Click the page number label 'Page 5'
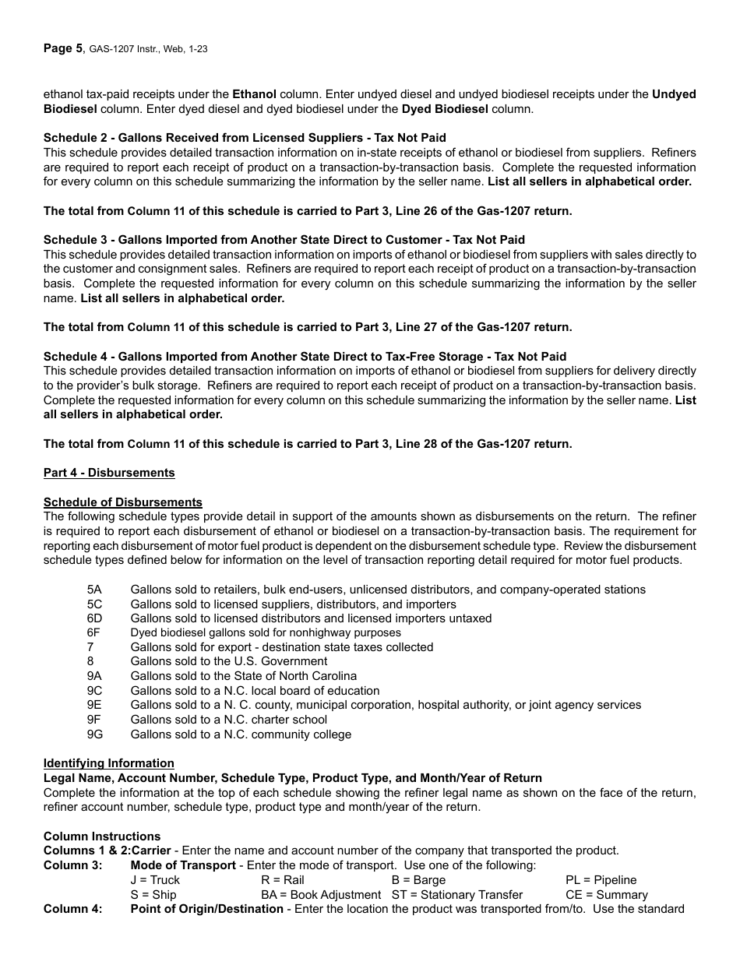62,48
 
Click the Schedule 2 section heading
245,138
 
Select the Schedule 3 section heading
284,240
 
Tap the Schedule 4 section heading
305,357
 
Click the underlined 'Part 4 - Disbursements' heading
109,473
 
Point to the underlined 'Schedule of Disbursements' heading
122,502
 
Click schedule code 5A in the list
94,590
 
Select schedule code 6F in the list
94,633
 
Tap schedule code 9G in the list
95,734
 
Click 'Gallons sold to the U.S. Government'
228,662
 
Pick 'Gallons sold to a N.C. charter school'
228,720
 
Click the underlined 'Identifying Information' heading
108,763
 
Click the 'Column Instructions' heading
101,836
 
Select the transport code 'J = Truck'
155,880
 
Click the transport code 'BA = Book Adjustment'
321,895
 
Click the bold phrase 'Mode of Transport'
183,865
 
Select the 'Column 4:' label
72,909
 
